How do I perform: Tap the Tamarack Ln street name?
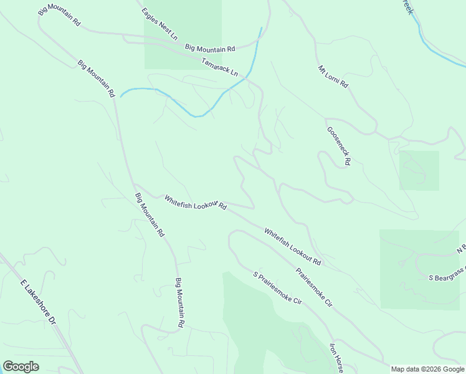pyautogui.click(x=220, y=67)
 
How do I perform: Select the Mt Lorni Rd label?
pyautogui.click(x=333, y=77)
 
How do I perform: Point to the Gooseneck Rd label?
pyautogui.click(x=339, y=146)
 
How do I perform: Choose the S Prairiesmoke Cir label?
pyautogui.click(x=277, y=288)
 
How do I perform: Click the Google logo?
pyautogui.click(x=21, y=367)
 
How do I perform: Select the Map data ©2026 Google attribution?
pyautogui.click(x=428, y=369)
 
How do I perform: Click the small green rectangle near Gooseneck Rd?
pyautogui.click(x=419, y=170)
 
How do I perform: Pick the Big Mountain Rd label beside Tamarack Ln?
pyautogui.click(x=209, y=48)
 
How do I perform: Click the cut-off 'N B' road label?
pyautogui.click(x=460, y=249)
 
